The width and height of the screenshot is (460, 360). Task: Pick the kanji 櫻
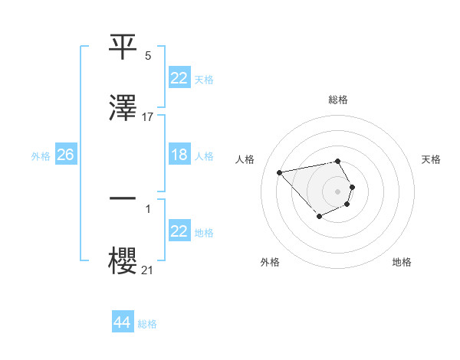(x=123, y=260)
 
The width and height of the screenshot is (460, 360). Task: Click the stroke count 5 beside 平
(x=148, y=56)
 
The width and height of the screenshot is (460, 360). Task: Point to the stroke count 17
(x=148, y=117)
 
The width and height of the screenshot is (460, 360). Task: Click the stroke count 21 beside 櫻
(x=148, y=269)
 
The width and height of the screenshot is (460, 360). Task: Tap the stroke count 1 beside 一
(x=148, y=208)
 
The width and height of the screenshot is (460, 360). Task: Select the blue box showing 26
(x=65, y=155)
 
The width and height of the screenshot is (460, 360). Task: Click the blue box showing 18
(x=179, y=155)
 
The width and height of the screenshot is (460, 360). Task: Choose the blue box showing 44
(x=122, y=322)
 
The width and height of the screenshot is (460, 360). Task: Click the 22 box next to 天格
(x=179, y=78)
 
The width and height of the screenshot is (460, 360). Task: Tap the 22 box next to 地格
(x=179, y=232)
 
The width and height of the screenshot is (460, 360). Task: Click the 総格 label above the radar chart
(x=338, y=100)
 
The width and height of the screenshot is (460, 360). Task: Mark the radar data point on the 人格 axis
(x=280, y=172)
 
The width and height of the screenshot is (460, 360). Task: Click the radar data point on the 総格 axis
(x=338, y=161)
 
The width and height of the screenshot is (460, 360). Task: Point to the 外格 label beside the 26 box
(x=40, y=156)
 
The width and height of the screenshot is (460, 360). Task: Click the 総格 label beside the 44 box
(x=147, y=324)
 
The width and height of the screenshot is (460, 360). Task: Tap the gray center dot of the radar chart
(x=338, y=191)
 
